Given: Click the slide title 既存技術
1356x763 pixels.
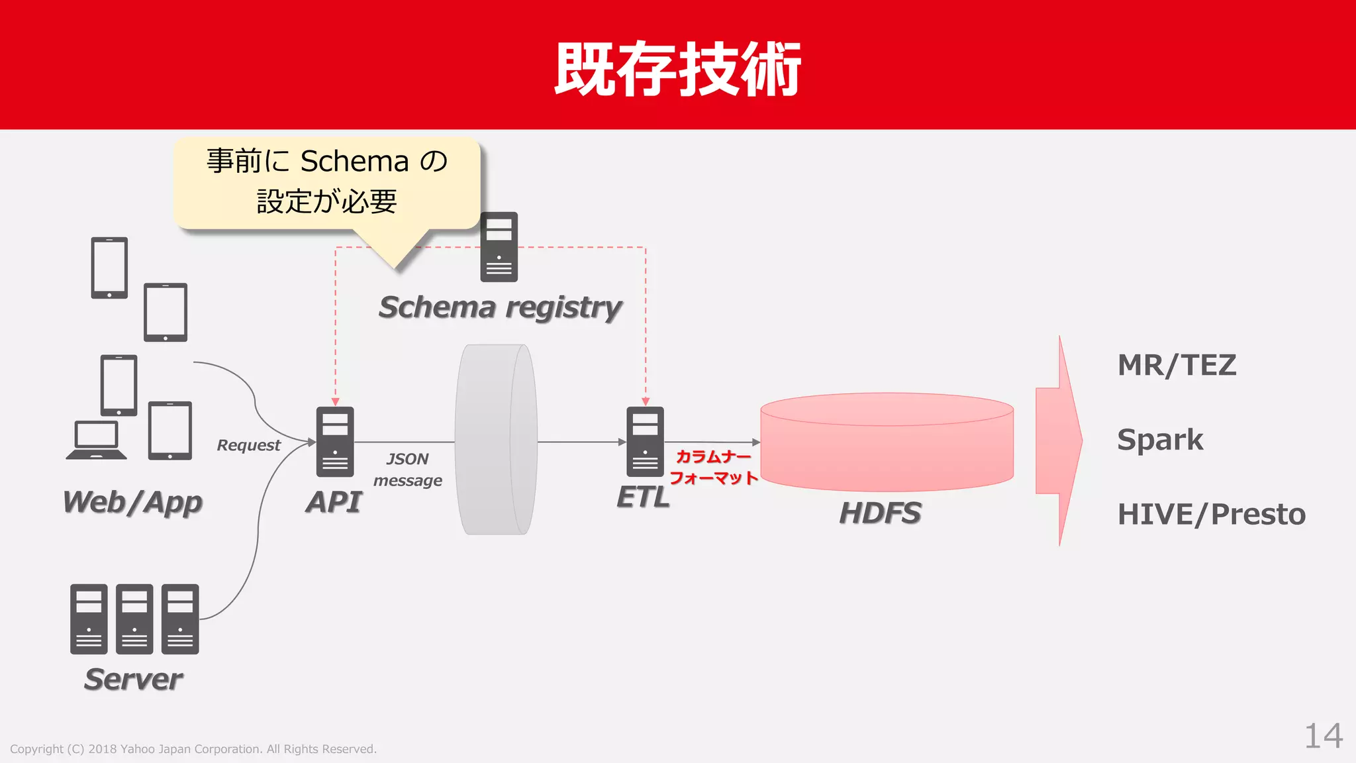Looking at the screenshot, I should (x=677, y=69).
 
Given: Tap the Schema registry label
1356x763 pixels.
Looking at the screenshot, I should (x=500, y=307).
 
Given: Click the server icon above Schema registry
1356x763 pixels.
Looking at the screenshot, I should (x=499, y=246).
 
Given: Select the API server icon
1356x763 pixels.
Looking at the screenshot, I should (x=335, y=441).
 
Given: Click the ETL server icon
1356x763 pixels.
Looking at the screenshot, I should (x=645, y=441).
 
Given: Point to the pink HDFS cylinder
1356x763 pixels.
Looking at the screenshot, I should (x=887, y=442).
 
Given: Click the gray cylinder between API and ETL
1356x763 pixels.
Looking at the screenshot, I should (x=495, y=439).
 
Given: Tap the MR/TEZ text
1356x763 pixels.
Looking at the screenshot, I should (x=1177, y=365).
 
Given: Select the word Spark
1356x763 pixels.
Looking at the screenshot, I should (x=1160, y=440).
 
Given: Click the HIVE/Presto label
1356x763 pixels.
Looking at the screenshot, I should (x=1211, y=515).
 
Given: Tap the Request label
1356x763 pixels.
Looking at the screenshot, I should (x=248, y=445).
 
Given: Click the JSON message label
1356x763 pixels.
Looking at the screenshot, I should (x=407, y=470).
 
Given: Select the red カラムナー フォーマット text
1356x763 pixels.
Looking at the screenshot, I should (x=713, y=468).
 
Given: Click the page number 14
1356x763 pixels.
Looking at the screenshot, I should (x=1323, y=736).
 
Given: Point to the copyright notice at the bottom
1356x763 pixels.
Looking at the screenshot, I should (x=193, y=749).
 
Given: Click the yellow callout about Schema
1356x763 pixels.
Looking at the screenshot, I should (x=326, y=181).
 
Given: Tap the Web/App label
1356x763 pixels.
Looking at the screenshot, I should (x=132, y=503).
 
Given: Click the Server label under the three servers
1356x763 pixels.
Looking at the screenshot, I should (x=134, y=680).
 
